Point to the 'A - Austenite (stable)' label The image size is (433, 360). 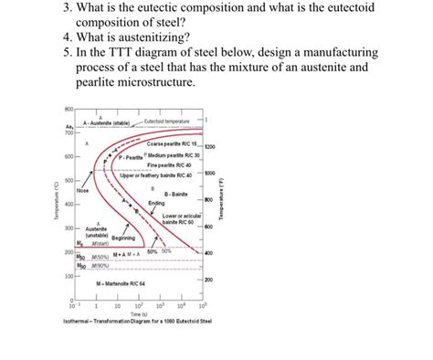pyautogui.click(x=109, y=122)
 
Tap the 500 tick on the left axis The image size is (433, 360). pyautogui.click(x=69, y=181)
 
